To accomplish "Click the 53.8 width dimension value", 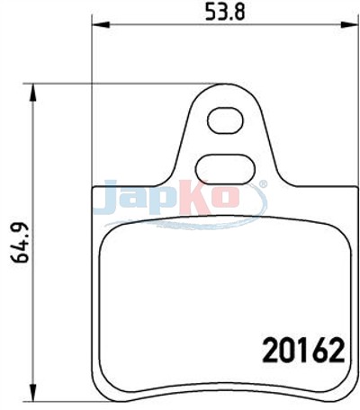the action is coord(225,12).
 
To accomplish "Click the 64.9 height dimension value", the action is coord(20,243).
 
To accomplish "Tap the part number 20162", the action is coord(303,350).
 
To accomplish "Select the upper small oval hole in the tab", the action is coord(225,120).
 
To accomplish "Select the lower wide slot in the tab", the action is coord(225,169).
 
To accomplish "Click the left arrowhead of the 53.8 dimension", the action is coord(100,25).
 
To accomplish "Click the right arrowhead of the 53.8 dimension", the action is coord(350,25).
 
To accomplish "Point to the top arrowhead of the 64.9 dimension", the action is coord(33,93).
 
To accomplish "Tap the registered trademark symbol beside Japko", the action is coord(263,184).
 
